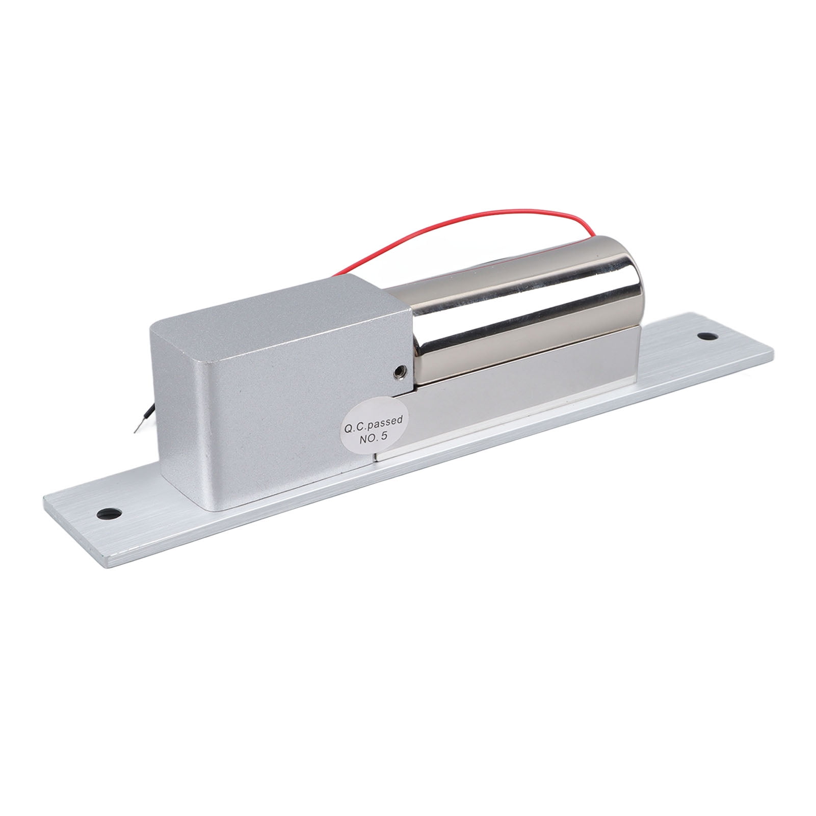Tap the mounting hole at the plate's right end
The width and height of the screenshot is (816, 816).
coord(705,336)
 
